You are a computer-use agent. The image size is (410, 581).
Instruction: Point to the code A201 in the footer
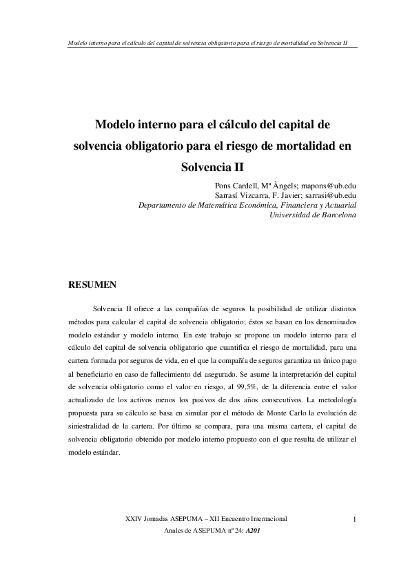[x=252, y=532]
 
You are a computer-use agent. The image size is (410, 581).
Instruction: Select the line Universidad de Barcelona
[x=315, y=216]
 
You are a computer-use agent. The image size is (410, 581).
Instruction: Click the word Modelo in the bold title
[x=115, y=126]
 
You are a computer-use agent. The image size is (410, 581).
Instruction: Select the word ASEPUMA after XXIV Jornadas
[x=181, y=518]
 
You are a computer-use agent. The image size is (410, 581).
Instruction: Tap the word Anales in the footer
[x=178, y=532]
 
